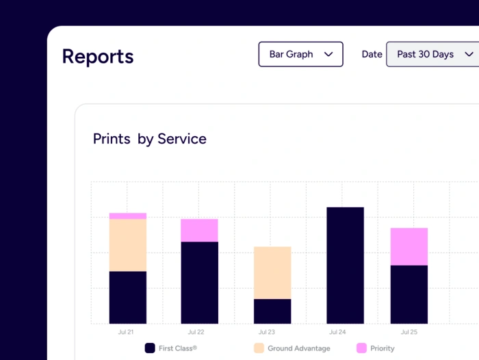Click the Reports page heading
[98, 56]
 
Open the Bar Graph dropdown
[300, 54]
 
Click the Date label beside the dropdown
[372, 54]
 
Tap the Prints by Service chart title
[149, 139]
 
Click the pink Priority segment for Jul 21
[128, 216]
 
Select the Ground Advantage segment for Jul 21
[128, 245]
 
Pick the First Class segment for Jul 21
[128, 297]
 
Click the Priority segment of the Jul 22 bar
[199, 230]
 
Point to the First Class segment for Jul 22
[199, 282]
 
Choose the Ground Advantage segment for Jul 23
[272, 272]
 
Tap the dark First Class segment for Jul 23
[272, 311]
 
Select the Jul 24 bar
[345, 265]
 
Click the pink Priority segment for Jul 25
[409, 246]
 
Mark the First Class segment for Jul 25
[409, 294]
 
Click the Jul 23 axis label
[267, 332]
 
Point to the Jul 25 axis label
[409, 332]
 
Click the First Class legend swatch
[150, 348]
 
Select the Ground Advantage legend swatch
[259, 348]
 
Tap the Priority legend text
[383, 348]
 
